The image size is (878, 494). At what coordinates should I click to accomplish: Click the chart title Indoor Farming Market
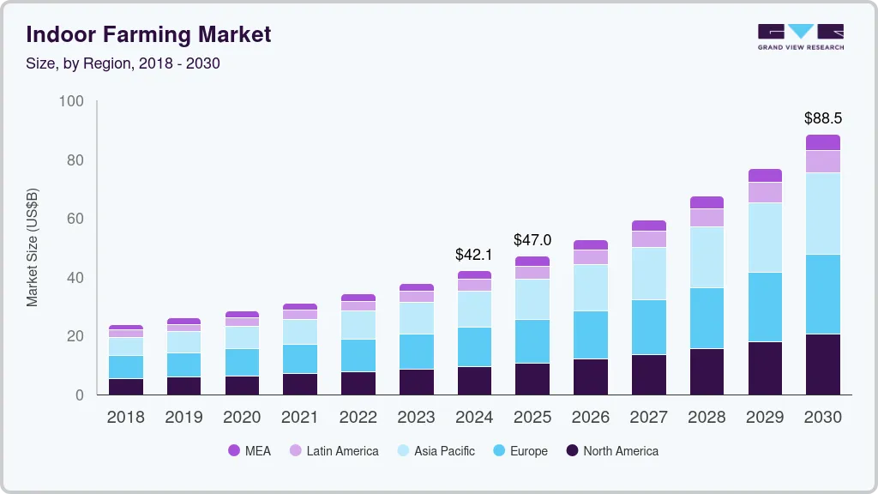(148, 34)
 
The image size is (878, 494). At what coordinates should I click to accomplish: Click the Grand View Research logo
(800, 36)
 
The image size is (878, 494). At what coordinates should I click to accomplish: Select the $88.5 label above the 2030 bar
(822, 117)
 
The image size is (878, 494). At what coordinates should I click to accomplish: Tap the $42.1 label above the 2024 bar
(474, 255)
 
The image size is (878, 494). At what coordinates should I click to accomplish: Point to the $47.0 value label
(532, 240)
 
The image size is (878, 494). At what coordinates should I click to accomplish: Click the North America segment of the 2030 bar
(822, 364)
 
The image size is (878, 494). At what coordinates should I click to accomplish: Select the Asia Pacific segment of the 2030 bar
(822, 214)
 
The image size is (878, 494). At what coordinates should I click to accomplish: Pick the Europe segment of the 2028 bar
(707, 318)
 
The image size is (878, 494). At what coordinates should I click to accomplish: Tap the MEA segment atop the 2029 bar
(765, 175)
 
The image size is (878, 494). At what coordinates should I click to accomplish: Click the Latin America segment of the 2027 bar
(648, 239)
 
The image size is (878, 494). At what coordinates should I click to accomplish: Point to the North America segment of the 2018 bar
(125, 387)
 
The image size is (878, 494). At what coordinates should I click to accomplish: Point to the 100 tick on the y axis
(71, 101)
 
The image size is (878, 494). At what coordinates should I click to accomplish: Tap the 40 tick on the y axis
(75, 278)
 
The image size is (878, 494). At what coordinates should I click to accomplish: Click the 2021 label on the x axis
(299, 418)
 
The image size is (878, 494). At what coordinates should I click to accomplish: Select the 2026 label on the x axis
(590, 418)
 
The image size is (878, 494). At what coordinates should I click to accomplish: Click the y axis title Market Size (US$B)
(33, 248)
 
